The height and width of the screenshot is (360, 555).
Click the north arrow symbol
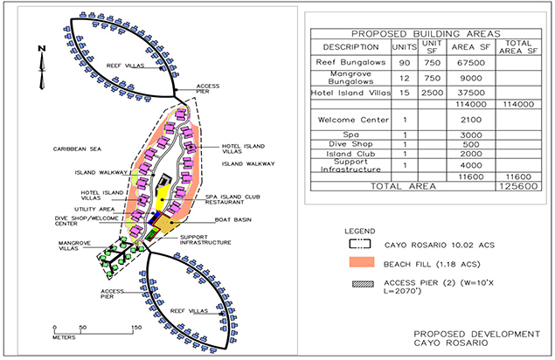click(x=42, y=67)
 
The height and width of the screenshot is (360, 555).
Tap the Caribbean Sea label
click(x=77, y=149)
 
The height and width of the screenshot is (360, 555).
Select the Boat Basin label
click(x=232, y=220)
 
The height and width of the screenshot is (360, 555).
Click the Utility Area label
click(x=94, y=209)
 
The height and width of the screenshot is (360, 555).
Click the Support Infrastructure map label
click(x=205, y=240)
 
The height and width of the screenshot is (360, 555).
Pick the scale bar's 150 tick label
click(x=136, y=328)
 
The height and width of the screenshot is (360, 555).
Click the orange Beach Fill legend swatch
click(x=362, y=262)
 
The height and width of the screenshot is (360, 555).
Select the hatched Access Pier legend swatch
click(x=363, y=284)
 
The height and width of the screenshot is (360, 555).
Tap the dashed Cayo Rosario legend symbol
click(x=359, y=245)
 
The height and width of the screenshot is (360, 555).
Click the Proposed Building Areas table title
click(x=426, y=34)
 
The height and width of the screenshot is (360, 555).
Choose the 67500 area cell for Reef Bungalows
click(x=471, y=63)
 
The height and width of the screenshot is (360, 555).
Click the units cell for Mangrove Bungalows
click(x=404, y=79)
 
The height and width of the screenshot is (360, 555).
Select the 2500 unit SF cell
click(x=432, y=93)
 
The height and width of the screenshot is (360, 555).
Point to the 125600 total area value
click(x=518, y=186)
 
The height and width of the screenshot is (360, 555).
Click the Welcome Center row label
click(x=353, y=120)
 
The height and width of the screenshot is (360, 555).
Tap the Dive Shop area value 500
click(x=471, y=144)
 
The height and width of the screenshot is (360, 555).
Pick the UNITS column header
click(x=404, y=47)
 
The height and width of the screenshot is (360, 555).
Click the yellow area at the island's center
click(x=162, y=199)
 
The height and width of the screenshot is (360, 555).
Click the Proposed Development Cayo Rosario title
click(x=477, y=338)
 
